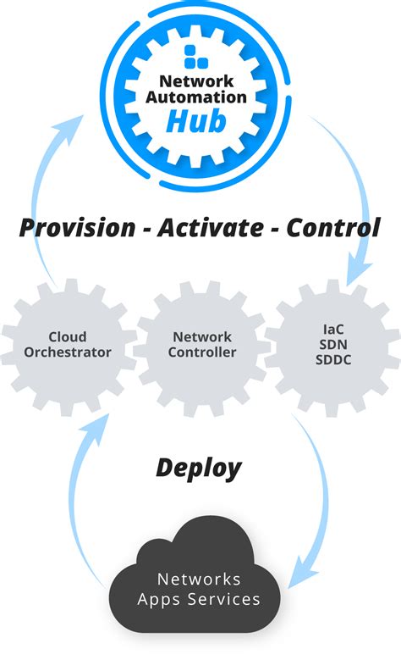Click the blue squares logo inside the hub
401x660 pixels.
point(195,56)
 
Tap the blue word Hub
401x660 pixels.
point(196,121)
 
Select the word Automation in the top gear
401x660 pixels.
point(196,97)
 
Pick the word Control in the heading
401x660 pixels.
point(332,228)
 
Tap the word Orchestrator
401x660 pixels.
point(68,352)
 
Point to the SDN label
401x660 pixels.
point(332,343)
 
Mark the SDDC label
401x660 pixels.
point(332,360)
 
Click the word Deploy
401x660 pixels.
point(198,468)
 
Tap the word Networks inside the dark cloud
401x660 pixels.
point(199,580)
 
